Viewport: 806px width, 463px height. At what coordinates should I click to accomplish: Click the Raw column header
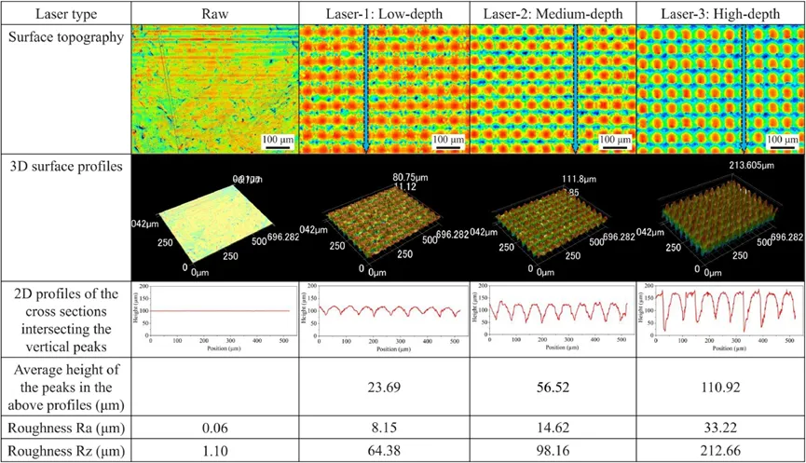(x=214, y=14)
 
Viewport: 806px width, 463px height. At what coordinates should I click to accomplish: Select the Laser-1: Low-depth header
(x=384, y=14)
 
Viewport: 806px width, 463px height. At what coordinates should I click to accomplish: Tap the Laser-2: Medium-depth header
(x=552, y=14)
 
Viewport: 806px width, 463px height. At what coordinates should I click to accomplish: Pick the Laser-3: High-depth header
(x=717, y=14)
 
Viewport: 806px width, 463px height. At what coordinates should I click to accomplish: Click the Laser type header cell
(x=65, y=14)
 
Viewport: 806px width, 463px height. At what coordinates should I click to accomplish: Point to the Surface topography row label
(x=65, y=36)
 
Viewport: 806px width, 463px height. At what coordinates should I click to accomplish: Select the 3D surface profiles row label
(x=65, y=167)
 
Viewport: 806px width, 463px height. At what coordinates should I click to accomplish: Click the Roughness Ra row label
(x=65, y=428)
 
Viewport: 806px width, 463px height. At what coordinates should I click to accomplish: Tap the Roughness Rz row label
(x=65, y=452)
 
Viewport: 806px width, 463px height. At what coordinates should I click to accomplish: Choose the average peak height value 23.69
(x=384, y=386)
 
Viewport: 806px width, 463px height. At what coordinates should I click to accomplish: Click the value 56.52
(x=552, y=386)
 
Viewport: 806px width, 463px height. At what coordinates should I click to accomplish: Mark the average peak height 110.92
(x=717, y=386)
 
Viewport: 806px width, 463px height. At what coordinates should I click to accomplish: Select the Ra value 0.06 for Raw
(x=214, y=428)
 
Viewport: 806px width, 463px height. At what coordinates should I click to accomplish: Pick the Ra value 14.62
(x=552, y=428)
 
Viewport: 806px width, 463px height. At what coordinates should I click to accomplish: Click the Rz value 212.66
(x=717, y=452)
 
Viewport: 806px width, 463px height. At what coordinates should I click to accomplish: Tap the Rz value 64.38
(x=384, y=452)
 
